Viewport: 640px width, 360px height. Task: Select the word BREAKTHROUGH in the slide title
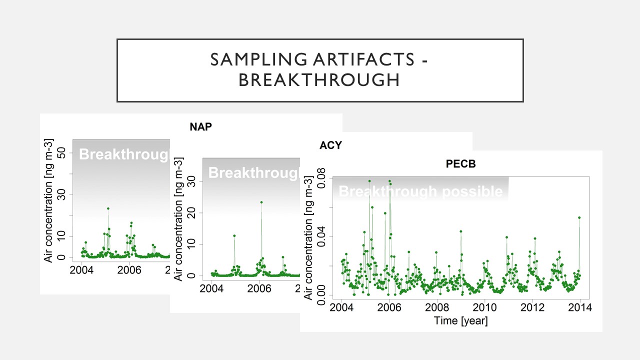pyautogui.click(x=319, y=80)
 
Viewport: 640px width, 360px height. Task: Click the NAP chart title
pyautogui.click(x=200, y=127)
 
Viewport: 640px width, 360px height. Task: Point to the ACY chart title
pyautogui.click(x=330, y=145)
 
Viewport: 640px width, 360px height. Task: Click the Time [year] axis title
pyautogui.click(x=460, y=320)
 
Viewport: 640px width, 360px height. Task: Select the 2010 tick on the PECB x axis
pyautogui.click(x=484, y=307)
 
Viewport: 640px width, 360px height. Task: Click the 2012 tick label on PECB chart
pyautogui.click(x=532, y=307)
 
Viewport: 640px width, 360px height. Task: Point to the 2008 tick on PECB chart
pyautogui.click(x=437, y=307)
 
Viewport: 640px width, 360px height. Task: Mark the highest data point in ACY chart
pyautogui.click(x=261, y=202)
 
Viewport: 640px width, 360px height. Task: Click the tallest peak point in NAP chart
pyautogui.click(x=108, y=208)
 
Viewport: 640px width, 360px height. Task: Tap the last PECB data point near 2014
pyautogui.click(x=579, y=217)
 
